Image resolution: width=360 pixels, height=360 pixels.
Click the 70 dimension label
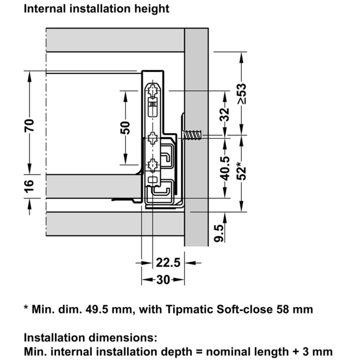(x=29, y=125)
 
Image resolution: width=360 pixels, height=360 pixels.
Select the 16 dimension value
(x=29, y=186)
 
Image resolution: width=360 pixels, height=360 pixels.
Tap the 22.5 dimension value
(x=168, y=263)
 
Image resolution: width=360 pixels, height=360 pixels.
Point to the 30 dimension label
(x=163, y=280)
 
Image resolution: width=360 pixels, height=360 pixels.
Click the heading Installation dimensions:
(x=90, y=338)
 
